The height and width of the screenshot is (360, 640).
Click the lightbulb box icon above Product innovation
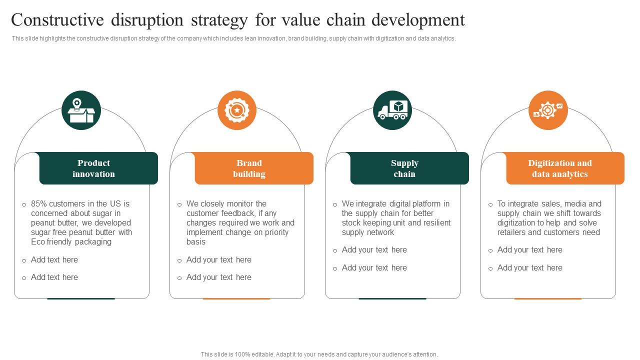pyautogui.click(x=81, y=110)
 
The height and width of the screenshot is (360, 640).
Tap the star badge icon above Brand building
pyautogui.click(x=237, y=110)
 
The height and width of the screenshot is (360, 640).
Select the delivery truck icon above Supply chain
pyautogui.click(x=392, y=110)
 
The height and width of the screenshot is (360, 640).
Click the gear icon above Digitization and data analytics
pyautogui.click(x=548, y=110)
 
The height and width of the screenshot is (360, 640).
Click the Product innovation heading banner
pyautogui.click(x=98, y=168)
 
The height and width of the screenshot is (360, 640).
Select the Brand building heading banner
pyautogui.click(x=254, y=168)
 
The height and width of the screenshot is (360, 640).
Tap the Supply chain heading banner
pyautogui.click(x=409, y=168)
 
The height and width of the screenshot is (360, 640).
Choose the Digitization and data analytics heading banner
pyautogui.click(x=565, y=168)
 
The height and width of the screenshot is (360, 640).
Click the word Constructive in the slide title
pyautogui.click(x=58, y=20)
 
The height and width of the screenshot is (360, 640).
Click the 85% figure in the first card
pyautogui.click(x=39, y=204)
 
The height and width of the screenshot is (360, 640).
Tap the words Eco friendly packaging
pyautogui.click(x=71, y=242)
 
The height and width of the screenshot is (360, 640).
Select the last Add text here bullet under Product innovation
pyautogui.click(x=54, y=277)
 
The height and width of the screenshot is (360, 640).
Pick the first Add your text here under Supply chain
pyautogui.click(x=374, y=250)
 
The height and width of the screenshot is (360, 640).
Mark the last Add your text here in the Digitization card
pyautogui.click(x=529, y=268)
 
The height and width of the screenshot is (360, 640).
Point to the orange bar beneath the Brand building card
pyautogui.click(x=236, y=298)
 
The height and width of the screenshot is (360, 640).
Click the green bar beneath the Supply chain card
pyautogui.click(x=392, y=298)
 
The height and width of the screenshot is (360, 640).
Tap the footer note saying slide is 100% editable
pyautogui.click(x=319, y=354)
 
